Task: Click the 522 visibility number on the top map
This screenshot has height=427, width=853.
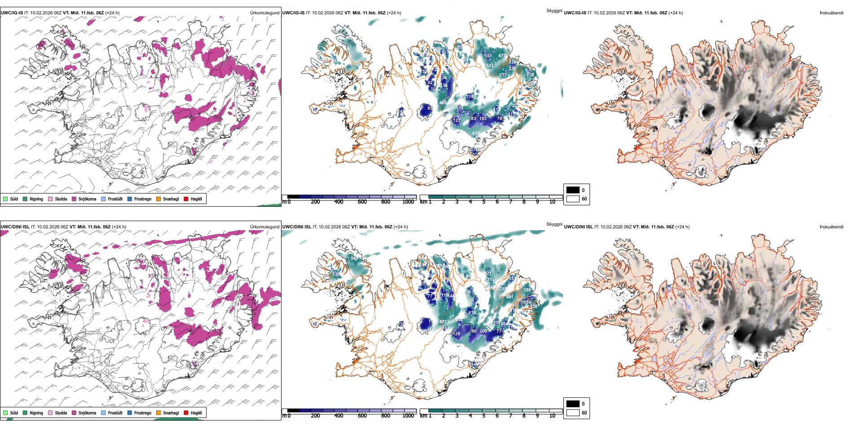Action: click(490, 66)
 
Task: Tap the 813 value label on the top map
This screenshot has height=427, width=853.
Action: click(476, 133)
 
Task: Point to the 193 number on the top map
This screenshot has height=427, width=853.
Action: click(483, 119)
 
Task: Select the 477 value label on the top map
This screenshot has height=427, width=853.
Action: click(502, 56)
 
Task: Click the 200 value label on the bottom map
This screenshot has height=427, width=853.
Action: click(483, 331)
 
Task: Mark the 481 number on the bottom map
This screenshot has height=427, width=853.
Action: click(510, 297)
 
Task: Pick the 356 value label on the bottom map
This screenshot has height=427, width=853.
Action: click(527, 290)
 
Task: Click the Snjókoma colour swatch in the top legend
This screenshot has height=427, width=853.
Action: click(74, 199)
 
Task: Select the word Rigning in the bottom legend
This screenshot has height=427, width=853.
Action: click(36, 413)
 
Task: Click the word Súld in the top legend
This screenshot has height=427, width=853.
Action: click(14, 199)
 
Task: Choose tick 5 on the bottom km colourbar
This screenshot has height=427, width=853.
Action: click(484, 416)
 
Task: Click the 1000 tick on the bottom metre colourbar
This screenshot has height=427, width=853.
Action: click(408, 416)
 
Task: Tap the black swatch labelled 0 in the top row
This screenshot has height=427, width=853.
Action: click(573, 190)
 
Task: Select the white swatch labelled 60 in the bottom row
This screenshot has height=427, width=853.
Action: click(573, 413)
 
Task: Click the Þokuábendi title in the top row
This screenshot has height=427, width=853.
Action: click(831, 13)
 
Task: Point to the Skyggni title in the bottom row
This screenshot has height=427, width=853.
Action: click(554, 224)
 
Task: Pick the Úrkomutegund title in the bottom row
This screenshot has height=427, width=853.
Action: click(264, 227)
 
